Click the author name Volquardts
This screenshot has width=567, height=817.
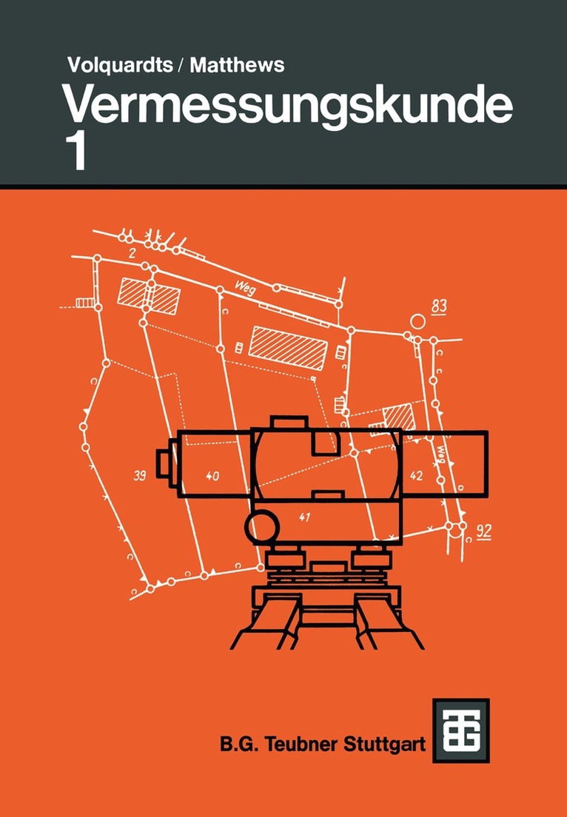(120, 65)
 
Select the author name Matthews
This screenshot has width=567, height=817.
(237, 65)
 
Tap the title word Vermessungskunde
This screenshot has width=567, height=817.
(288, 107)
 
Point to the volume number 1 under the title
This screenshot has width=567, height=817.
(78, 152)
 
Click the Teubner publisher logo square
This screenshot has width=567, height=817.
(461, 730)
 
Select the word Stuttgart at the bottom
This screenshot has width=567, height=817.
(384, 744)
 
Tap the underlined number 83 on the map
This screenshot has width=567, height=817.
(440, 306)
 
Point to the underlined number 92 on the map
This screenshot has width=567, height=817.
(484, 531)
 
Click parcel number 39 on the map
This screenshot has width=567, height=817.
(139, 475)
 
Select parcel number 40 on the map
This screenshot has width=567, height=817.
(212, 476)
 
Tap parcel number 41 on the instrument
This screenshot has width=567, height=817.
(305, 517)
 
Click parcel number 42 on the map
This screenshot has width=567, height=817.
(416, 475)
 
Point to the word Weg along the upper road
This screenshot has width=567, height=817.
(246, 287)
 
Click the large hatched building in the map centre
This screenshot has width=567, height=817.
(288, 348)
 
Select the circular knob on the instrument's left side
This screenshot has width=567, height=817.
(262, 528)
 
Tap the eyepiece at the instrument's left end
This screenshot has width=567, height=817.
(167, 463)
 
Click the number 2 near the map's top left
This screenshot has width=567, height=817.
(132, 254)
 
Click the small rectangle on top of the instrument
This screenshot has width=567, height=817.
(289, 422)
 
